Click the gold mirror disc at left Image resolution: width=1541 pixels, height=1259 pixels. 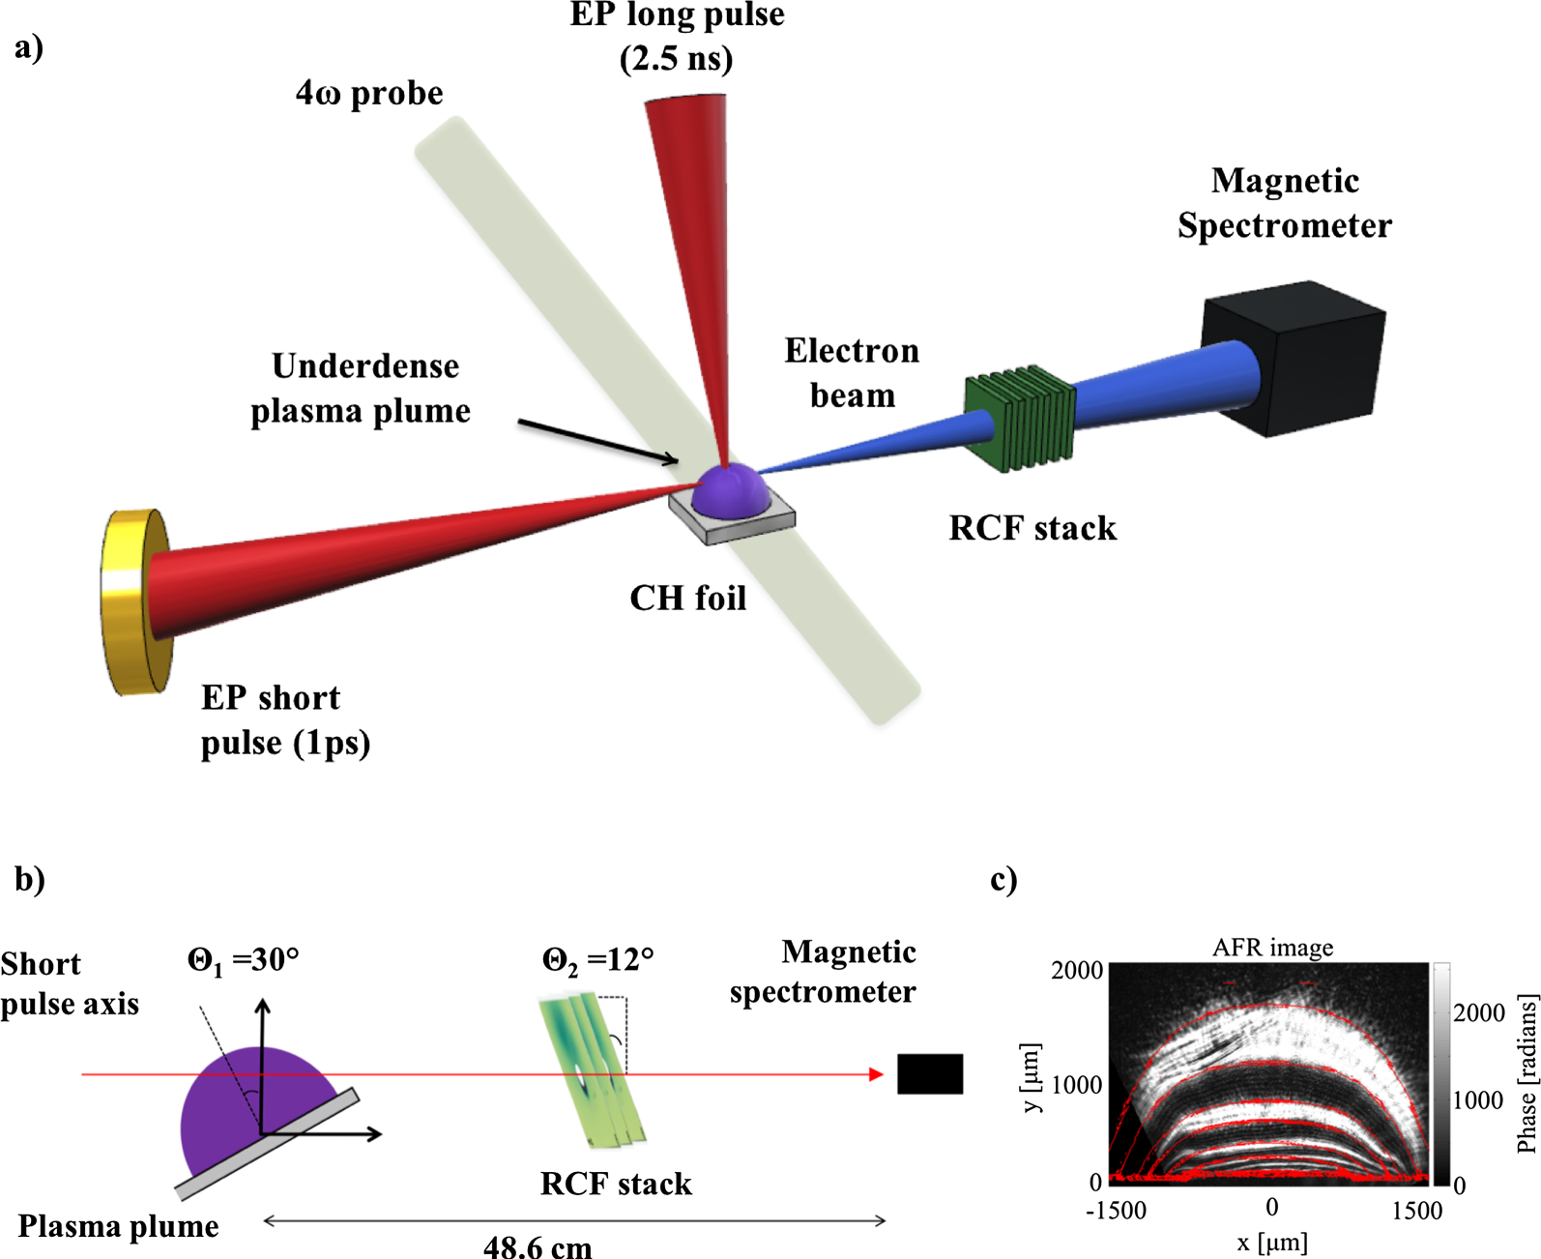point(135,601)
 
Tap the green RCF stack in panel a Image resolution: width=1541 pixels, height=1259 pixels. point(1020,419)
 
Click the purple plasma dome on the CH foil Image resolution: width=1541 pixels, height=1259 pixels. point(732,489)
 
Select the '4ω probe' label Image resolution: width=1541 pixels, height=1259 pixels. point(369,94)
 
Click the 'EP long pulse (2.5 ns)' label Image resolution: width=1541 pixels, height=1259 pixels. point(677,37)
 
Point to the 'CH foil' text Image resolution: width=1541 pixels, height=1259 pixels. point(687,599)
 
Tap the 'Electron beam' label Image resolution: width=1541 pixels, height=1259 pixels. point(852,372)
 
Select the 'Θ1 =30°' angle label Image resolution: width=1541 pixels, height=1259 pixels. point(243,959)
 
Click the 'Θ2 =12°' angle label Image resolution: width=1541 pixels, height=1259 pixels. point(597,959)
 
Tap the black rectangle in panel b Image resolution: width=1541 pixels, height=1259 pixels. point(929,1074)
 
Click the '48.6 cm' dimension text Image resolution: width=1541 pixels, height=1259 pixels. point(538,1246)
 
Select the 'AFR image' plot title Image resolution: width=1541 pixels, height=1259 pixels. point(1272,948)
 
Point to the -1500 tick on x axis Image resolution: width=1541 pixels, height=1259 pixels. point(1116,1211)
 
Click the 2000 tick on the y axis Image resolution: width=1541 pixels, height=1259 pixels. point(1077,970)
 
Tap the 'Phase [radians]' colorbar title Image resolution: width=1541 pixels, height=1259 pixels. point(1526,1074)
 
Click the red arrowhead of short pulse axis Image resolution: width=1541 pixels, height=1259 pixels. point(877,1074)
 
